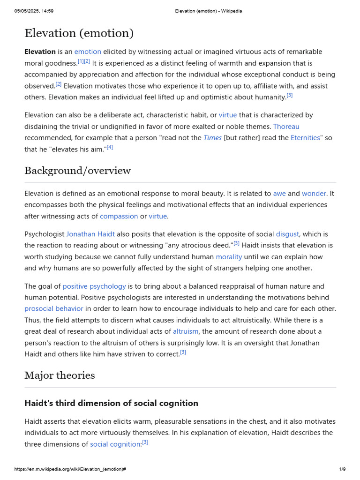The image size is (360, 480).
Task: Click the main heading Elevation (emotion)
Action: pyautogui.click(x=79, y=33)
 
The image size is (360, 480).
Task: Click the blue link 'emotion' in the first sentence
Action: pyautogui.click(x=88, y=52)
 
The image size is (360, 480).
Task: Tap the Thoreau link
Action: pyautogui.click(x=286, y=127)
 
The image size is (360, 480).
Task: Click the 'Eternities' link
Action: pyautogui.click(x=305, y=138)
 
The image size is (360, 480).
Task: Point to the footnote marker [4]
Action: pyautogui.click(x=110, y=147)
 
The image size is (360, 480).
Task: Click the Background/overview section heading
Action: pyautogui.click(x=77, y=171)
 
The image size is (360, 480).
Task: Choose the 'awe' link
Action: pyautogui.click(x=279, y=193)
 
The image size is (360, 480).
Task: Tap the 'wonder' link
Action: pyautogui.click(x=315, y=193)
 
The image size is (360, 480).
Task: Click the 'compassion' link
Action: pyautogui.click(x=119, y=216)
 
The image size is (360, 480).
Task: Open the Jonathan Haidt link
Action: pyautogui.click(x=90, y=234)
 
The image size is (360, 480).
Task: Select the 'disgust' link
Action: pyautogui.click(x=288, y=234)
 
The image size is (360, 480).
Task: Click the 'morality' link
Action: pyautogui.click(x=229, y=257)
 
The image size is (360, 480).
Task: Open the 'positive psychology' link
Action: pyautogui.click(x=94, y=286)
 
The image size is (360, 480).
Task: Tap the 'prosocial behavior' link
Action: pyautogui.click(x=54, y=309)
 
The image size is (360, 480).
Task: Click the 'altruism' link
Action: pyautogui.click(x=186, y=331)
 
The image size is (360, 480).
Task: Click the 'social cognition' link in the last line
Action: pyautogui.click(x=115, y=444)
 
